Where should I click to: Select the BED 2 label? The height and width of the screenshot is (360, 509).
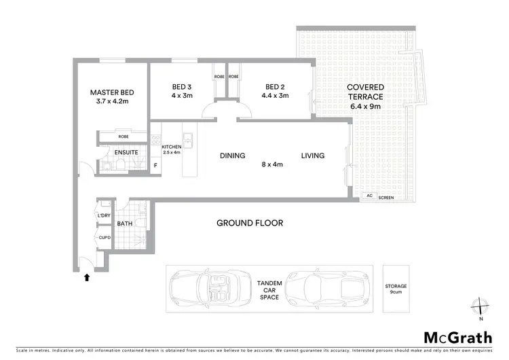click(x=274, y=87)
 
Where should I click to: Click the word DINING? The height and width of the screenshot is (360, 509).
click(x=232, y=156)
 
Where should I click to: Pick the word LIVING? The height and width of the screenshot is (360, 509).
click(x=313, y=156)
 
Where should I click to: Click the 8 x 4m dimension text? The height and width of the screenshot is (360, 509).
click(x=273, y=164)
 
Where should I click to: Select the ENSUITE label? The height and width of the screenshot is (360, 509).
click(x=126, y=153)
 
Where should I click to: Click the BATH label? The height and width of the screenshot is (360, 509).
click(x=124, y=223)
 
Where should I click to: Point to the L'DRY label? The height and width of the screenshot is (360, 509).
click(x=104, y=215)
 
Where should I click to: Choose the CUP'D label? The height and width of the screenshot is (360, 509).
click(x=104, y=238)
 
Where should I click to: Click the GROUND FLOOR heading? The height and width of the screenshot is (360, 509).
click(x=250, y=223)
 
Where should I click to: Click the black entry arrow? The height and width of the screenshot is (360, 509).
click(x=86, y=276)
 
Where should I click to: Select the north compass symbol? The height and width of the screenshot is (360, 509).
click(x=480, y=308)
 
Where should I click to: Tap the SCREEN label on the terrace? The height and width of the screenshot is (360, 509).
click(x=385, y=198)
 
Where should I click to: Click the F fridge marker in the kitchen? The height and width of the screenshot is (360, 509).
click(x=156, y=165)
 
